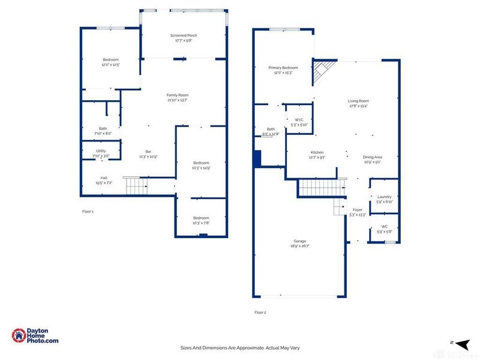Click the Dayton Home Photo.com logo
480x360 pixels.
(36, 335)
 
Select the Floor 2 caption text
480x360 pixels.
(260, 312)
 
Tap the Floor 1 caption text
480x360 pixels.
(88, 211)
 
